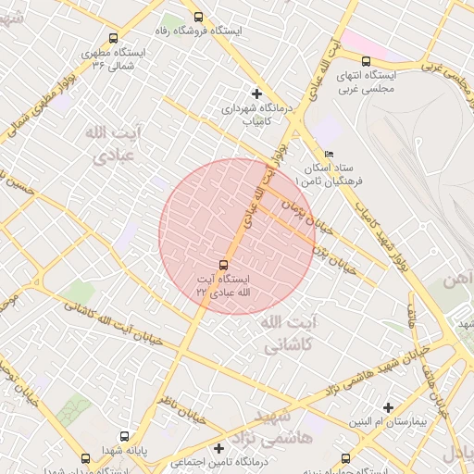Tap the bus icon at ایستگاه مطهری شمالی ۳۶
[x=113, y=39]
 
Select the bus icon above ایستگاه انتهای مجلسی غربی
[x=366, y=61]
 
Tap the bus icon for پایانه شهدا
[x=125, y=436]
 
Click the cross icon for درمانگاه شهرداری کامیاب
[x=256, y=94]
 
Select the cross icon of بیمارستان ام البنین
[x=389, y=407]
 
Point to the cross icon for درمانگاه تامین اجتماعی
[x=218, y=448]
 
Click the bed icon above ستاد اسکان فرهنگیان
[x=330, y=155]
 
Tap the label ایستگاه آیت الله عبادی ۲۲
[x=224, y=284]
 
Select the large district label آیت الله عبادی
[x=116, y=144]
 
